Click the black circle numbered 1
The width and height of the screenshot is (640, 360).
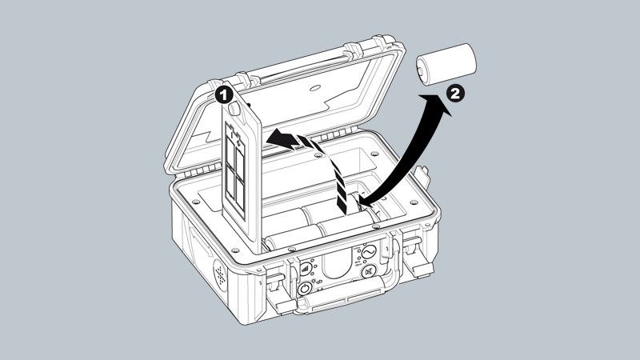pos(223,95)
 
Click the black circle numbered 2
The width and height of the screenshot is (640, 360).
pos(455,94)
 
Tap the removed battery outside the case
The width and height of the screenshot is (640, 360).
pos(446,65)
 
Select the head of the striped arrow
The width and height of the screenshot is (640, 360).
pos(282,138)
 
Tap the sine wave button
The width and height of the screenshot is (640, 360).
pos(368,252)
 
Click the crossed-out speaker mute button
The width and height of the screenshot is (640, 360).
pos(369,271)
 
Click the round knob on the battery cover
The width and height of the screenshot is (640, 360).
pos(234,109)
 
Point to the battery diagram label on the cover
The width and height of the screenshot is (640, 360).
pos(235,170)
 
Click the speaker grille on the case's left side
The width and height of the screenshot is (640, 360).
pos(221,276)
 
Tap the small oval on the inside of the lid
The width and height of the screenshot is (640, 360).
pos(315,88)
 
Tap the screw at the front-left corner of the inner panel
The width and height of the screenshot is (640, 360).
pos(235,250)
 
